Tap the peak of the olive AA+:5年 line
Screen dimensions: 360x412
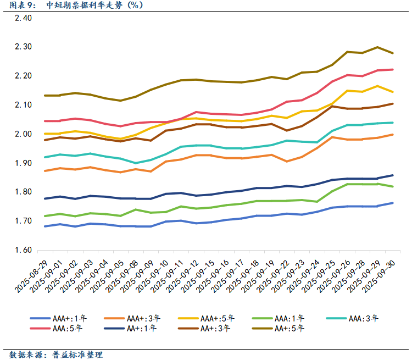(x=377, y=47)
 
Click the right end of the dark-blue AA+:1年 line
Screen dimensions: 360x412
(x=392, y=175)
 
